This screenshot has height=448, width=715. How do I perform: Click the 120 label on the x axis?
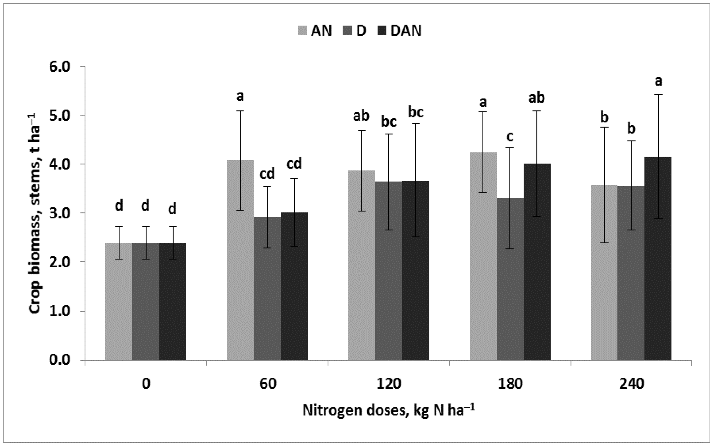point(388,384)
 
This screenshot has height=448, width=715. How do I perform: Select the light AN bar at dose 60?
point(240,261)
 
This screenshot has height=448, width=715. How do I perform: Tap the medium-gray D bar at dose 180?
point(510,278)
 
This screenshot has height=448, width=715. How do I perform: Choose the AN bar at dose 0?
point(118,302)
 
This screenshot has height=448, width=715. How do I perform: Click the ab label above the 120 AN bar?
point(361,116)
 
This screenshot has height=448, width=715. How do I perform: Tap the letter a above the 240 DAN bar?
point(658,81)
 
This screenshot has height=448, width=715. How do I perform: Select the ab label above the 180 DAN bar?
point(536,98)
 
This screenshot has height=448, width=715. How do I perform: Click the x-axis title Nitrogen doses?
point(388,411)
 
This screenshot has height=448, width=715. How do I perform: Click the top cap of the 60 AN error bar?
point(240,111)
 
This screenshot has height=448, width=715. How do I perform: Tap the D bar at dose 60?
point(267,287)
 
